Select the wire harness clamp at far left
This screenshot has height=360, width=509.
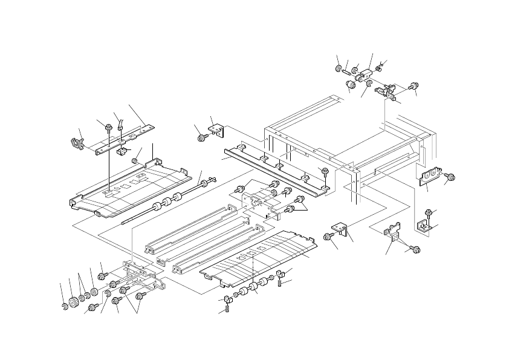coord(76,143)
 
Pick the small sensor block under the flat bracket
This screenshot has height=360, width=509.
coord(121,152)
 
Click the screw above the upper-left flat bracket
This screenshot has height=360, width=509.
coord(108,128)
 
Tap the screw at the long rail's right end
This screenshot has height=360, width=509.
coord(325,171)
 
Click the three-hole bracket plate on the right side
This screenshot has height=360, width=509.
coord(428,175)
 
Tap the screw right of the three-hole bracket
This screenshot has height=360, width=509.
coord(450,177)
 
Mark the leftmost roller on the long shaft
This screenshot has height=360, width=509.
coord(155,206)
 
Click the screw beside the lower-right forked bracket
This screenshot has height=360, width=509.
coord(415,249)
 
